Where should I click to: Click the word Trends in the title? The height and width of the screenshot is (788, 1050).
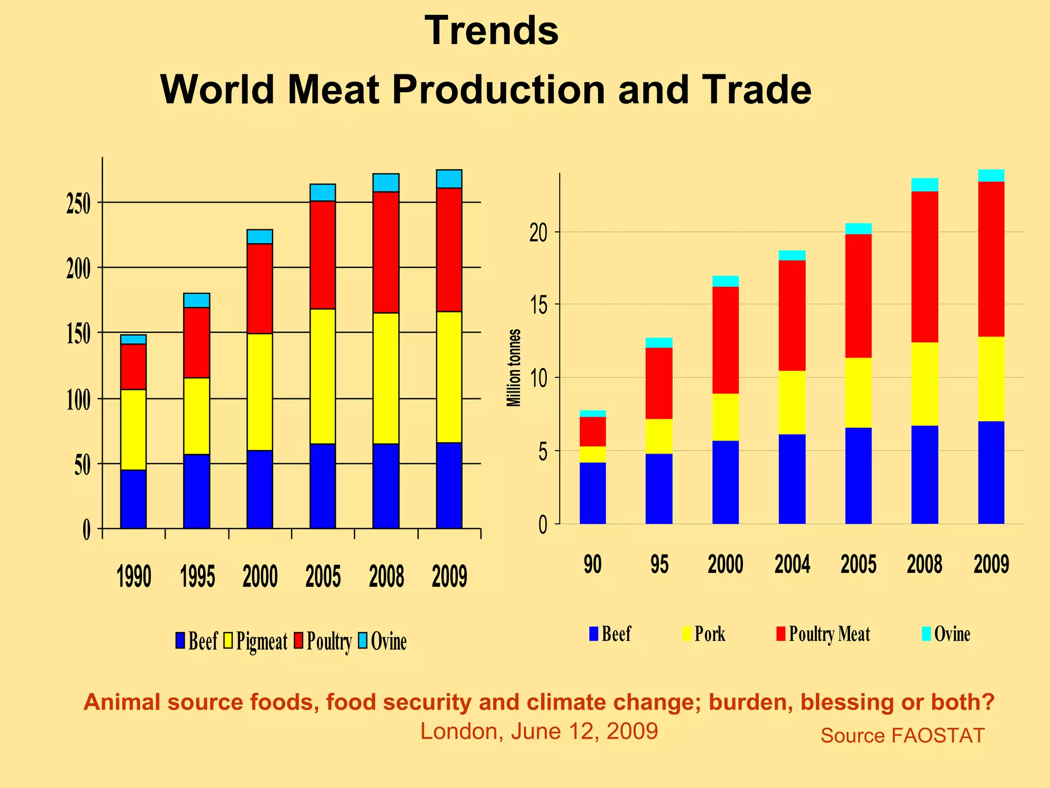click(491, 31)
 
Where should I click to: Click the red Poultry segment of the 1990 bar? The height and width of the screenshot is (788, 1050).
click(133, 366)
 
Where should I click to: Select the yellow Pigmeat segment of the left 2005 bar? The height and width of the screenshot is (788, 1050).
click(322, 376)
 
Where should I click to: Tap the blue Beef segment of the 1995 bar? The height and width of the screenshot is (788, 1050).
click(196, 491)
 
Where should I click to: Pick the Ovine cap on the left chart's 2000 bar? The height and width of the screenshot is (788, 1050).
click(259, 237)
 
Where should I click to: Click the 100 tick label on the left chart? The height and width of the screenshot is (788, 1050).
click(78, 400)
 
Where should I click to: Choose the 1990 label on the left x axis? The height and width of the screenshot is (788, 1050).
click(134, 577)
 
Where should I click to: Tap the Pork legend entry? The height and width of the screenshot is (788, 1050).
click(704, 634)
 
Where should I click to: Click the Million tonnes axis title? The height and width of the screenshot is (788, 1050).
click(514, 367)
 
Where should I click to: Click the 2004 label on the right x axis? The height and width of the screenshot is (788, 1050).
click(792, 564)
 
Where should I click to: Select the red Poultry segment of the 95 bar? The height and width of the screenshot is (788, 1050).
click(659, 383)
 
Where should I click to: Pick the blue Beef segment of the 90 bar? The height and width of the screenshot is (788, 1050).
click(593, 493)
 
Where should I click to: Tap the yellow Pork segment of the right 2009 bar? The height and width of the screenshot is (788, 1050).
click(991, 379)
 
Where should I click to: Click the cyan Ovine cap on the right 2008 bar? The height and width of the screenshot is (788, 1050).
click(924, 185)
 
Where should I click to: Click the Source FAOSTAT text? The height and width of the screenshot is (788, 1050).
click(902, 736)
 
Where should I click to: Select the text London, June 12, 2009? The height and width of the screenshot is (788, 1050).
click(539, 731)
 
